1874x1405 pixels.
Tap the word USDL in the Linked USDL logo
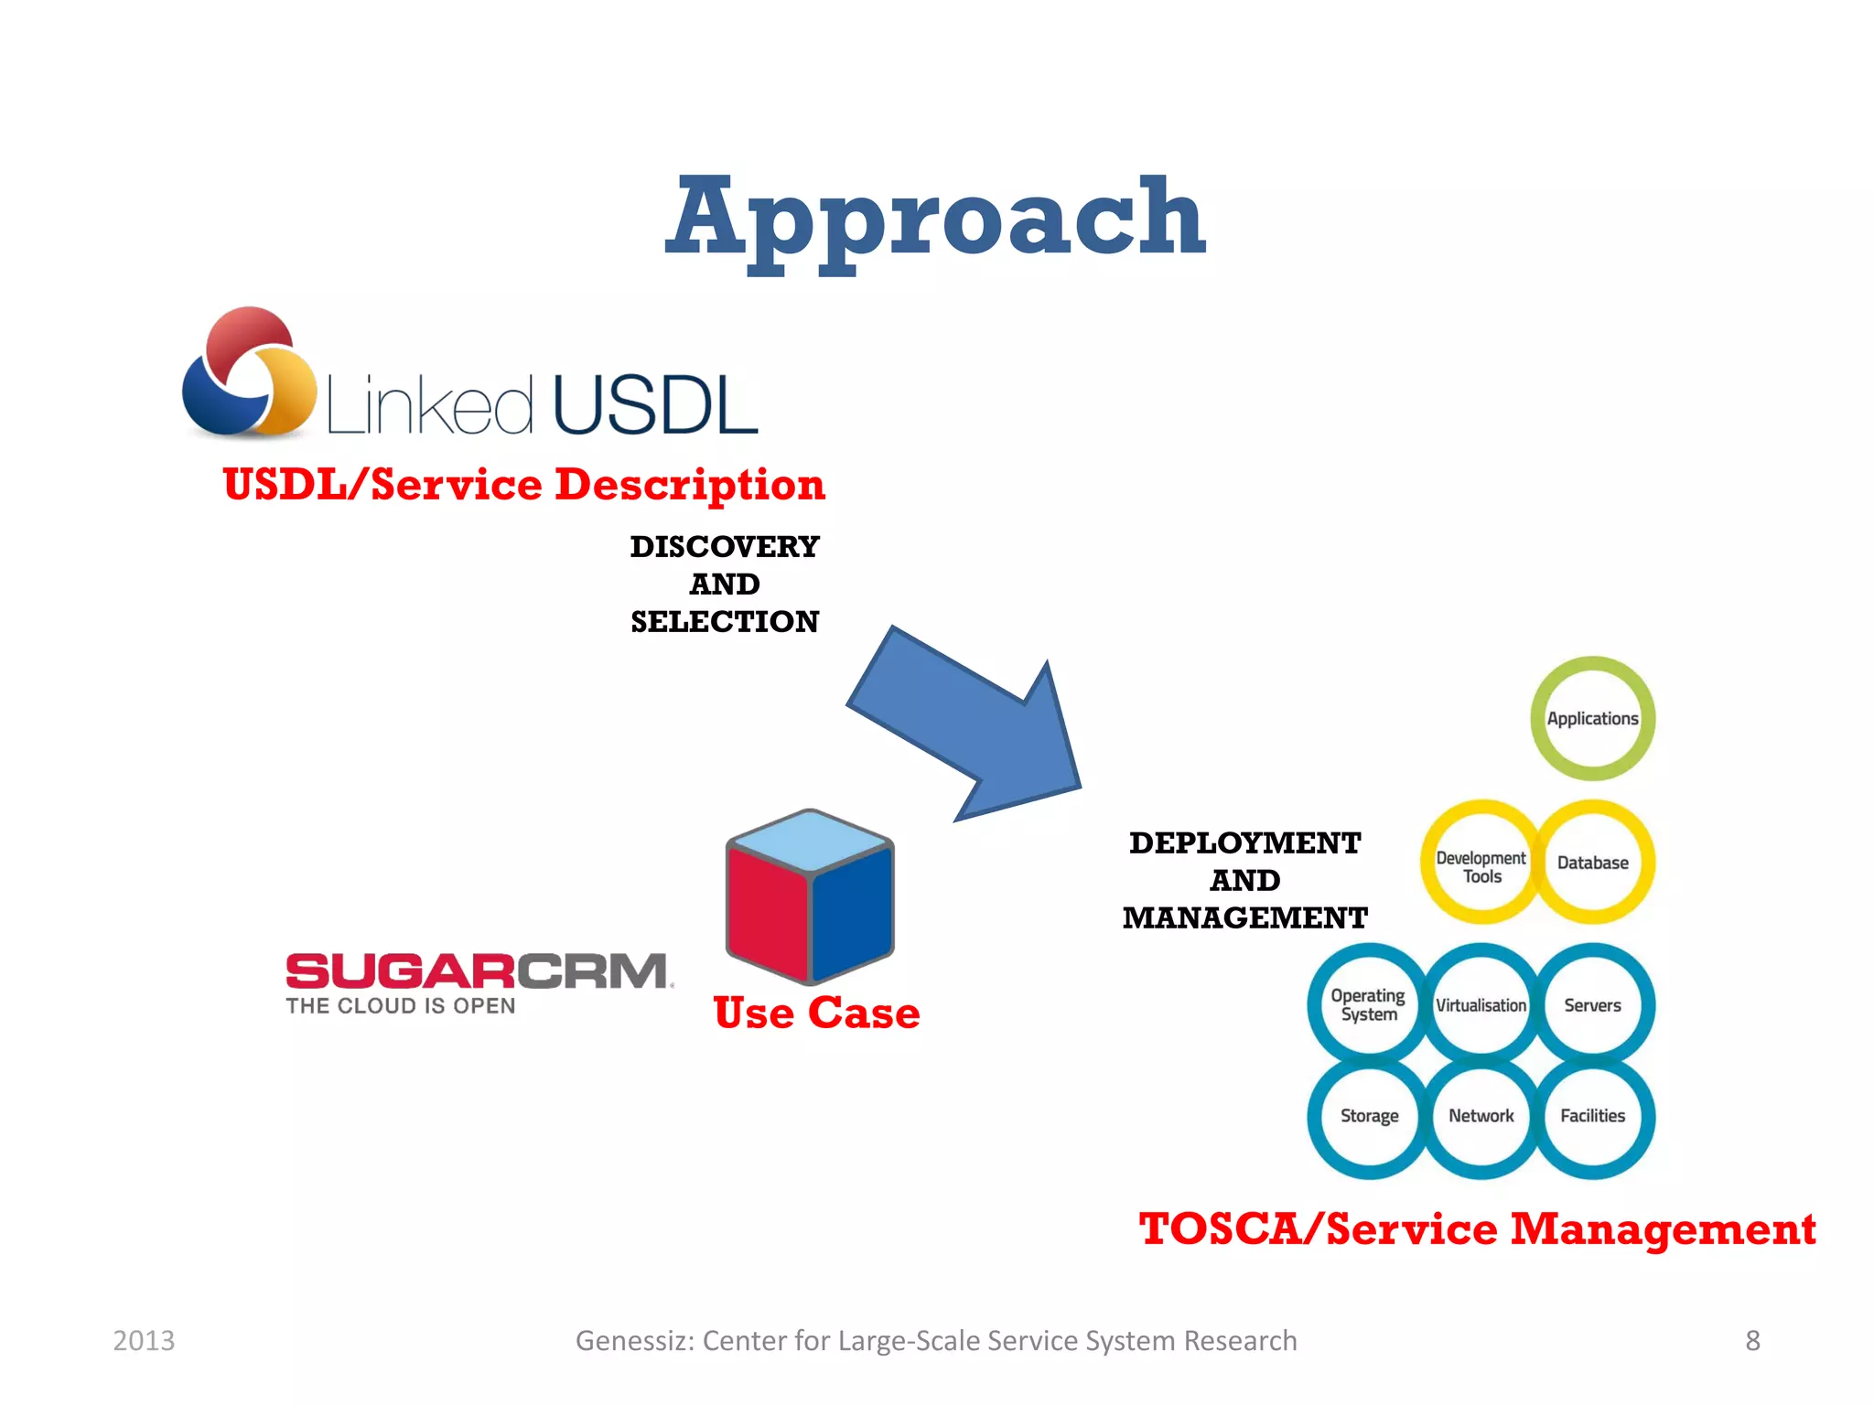[655, 404]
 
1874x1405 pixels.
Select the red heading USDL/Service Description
[523, 484]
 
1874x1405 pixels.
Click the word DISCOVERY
[725, 546]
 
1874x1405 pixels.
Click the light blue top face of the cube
[810, 840]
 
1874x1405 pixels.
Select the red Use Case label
[816, 1013]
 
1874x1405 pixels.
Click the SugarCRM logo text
[478, 971]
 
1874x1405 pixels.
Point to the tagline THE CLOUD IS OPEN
[401, 1006]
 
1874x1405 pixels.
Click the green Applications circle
[1592, 719]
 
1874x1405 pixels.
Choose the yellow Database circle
[1592, 863]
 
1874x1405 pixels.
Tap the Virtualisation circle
[1481, 1005]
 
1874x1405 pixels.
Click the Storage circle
[1369, 1116]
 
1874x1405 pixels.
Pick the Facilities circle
[1592, 1116]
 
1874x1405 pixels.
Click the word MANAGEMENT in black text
[1244, 917]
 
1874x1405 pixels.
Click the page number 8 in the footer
[1752, 1340]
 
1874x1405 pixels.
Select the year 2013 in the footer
[144, 1340]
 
